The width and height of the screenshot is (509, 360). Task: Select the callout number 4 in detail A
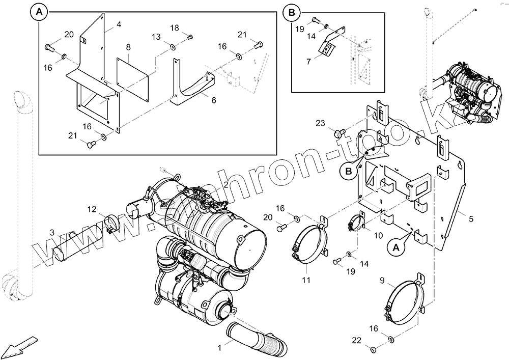coord(119,24)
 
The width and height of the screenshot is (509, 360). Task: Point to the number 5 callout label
coord(471,219)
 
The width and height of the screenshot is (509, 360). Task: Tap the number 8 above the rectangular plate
coord(128,47)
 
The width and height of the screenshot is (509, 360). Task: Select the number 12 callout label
coord(91,209)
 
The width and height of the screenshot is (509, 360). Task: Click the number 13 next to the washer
coord(156,37)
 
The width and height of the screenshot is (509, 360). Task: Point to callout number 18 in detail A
coord(175,27)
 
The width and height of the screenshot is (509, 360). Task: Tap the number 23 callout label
coord(320,123)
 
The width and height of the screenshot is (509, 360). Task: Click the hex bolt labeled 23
coord(338,134)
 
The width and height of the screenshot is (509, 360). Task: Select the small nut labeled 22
coord(373,349)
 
